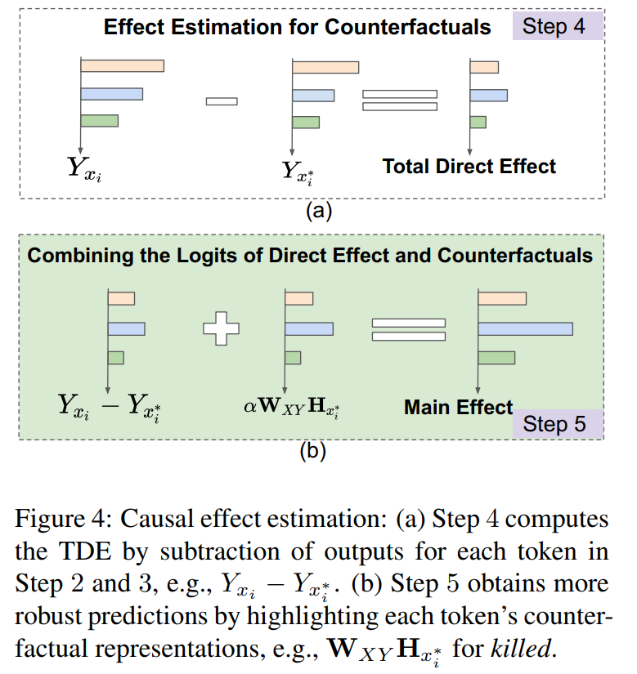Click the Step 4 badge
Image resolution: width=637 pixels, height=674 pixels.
coord(555,25)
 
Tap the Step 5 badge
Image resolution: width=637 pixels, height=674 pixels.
coord(555,423)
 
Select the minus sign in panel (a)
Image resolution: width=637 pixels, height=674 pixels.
coord(222,101)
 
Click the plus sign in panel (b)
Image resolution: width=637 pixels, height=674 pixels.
coord(222,328)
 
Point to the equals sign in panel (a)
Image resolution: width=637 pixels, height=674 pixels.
coord(400,100)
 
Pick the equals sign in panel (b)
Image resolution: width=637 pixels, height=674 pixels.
coord(409,329)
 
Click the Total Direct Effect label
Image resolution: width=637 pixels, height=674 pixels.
coord(469,167)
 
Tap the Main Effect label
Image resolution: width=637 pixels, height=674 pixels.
coord(458,407)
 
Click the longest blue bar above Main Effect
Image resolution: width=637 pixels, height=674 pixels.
coord(525,328)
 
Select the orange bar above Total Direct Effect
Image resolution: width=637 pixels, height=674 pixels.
coord(484,67)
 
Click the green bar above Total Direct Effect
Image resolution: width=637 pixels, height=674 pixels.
coord(478,122)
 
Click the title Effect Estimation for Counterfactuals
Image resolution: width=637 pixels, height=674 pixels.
coord(298,26)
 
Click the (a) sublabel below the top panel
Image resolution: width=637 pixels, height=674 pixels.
coord(318,212)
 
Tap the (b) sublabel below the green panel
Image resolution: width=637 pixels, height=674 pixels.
coord(312,452)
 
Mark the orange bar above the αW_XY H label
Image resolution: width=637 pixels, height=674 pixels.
coord(299,299)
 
